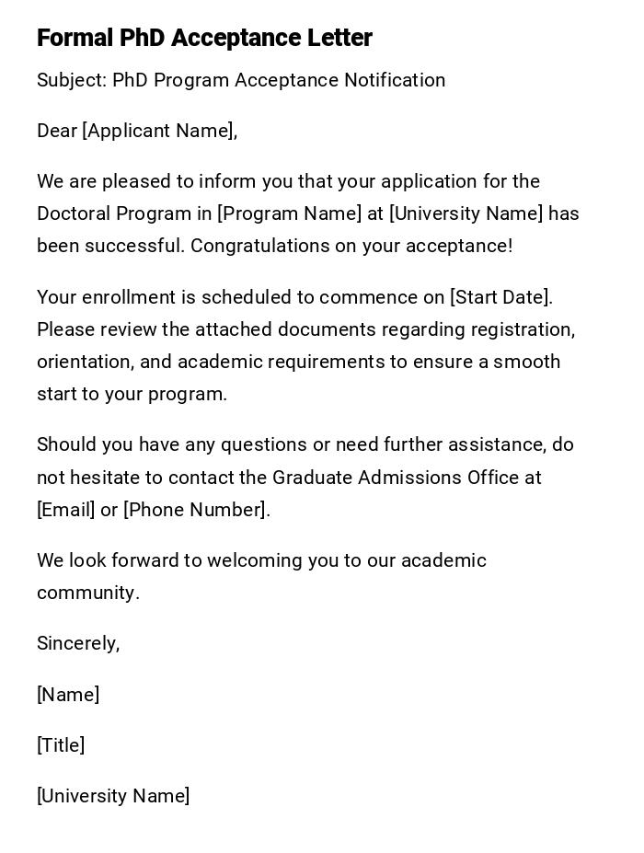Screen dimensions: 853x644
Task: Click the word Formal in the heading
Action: tap(75, 39)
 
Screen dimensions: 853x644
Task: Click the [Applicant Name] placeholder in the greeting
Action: tap(158, 131)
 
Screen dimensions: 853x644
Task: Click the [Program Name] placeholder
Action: tap(290, 213)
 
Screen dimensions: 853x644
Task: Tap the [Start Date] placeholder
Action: tap(500, 297)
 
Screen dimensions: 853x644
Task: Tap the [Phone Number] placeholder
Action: tap(195, 510)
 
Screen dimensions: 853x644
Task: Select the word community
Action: tap(87, 593)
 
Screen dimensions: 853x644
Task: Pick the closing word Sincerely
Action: tap(77, 643)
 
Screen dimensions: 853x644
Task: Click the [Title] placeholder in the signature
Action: tap(61, 745)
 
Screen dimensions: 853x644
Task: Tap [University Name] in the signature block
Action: tap(113, 796)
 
